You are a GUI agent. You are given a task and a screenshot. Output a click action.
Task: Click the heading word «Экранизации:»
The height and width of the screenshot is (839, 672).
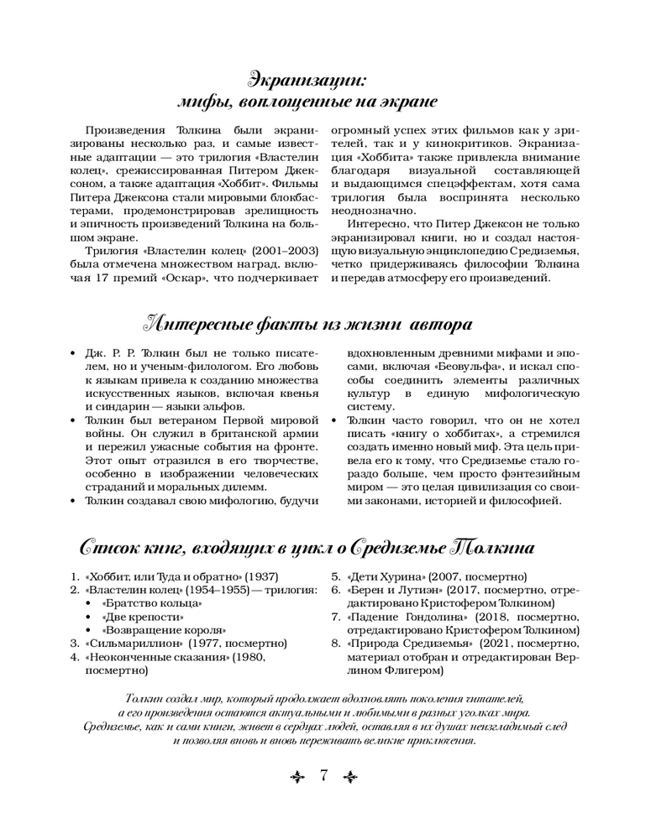coord(306,80)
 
